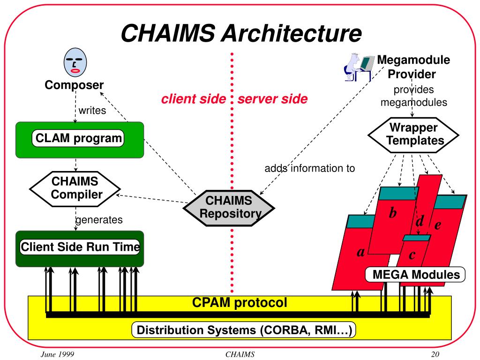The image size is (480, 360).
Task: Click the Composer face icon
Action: [75, 62]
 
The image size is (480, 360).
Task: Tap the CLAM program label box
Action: [78, 138]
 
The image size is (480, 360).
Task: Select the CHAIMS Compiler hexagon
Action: [75, 188]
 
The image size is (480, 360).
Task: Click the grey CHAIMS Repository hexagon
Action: [229, 208]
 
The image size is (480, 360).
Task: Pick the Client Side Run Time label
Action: [80, 247]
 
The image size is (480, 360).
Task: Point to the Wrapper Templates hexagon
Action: [413, 135]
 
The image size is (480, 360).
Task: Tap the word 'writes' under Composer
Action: [92, 110]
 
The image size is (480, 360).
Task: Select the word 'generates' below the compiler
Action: [99, 220]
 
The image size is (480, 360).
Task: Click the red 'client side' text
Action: [194, 99]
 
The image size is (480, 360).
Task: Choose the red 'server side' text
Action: [272, 99]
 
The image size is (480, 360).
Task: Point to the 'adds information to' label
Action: [310, 168]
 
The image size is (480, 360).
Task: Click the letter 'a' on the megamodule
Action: [361, 252]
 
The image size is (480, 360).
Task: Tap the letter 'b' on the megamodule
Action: [393, 212]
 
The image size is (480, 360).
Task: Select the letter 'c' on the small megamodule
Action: [412, 255]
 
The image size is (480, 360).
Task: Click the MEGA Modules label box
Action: [415, 274]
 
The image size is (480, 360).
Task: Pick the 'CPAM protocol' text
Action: [240, 302]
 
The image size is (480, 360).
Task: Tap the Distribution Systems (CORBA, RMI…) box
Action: [244, 330]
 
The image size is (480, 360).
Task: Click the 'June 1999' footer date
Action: [58, 354]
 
